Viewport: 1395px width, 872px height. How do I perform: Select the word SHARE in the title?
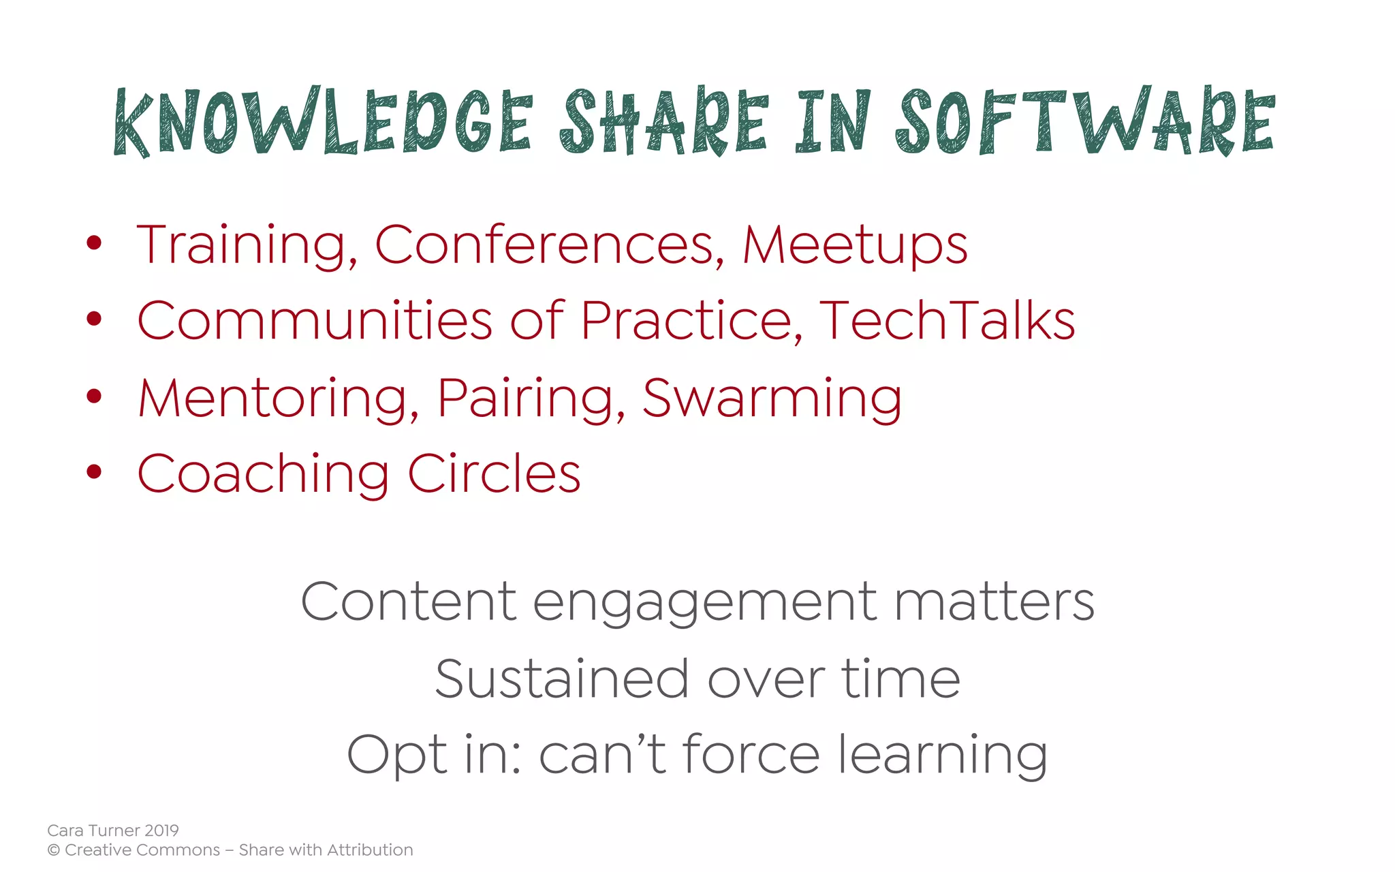663,121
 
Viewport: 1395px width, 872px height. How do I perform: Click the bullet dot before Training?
94,243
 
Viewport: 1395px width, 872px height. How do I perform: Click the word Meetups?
854,245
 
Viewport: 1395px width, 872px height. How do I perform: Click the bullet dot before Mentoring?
94,396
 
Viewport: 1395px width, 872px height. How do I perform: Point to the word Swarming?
772,399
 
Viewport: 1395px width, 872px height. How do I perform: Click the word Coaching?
263,474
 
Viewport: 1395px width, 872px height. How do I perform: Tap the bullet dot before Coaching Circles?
94,471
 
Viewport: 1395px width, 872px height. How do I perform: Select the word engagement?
704,604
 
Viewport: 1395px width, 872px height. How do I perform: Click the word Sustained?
562,679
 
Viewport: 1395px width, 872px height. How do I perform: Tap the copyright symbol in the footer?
53,850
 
